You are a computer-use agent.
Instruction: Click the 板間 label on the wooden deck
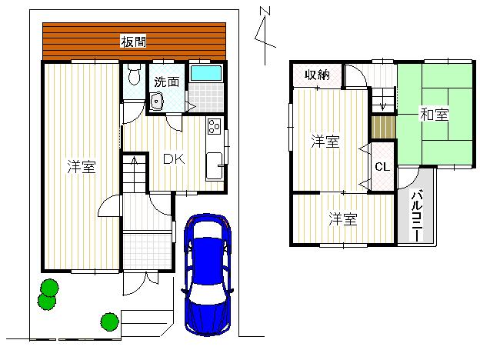pyautogui.click(x=134, y=42)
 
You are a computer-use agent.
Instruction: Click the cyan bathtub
pyautogui.click(x=205, y=74)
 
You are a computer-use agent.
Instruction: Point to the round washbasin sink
pyautogui.click(x=158, y=102)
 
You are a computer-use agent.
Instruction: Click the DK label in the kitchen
pyautogui.click(x=172, y=159)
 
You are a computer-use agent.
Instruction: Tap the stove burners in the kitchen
pyautogui.click(x=213, y=128)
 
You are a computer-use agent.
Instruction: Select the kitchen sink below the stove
pyautogui.click(x=214, y=165)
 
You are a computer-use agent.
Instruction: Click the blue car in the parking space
pyautogui.click(x=207, y=273)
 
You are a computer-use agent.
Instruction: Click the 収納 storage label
pyautogui.click(x=317, y=75)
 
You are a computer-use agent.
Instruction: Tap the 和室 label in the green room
pyautogui.click(x=435, y=115)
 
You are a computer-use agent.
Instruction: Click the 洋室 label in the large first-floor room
pyautogui.click(x=81, y=166)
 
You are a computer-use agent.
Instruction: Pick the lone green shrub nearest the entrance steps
pyautogui.click(x=109, y=320)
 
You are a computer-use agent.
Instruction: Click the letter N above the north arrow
pyautogui.click(x=265, y=11)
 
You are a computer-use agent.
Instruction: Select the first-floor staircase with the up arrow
pyautogui.click(x=135, y=174)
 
